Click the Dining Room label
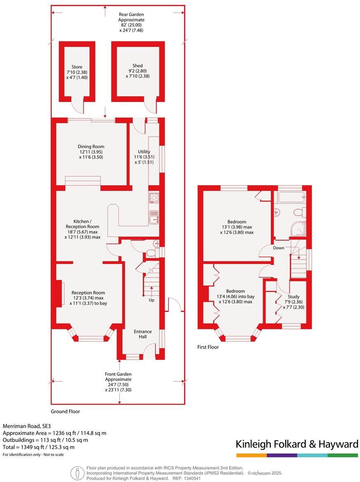click(91, 146)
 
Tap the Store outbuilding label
click(77, 67)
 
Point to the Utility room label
click(144, 152)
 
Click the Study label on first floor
click(294, 296)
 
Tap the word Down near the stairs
click(278, 248)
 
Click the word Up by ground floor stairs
click(152, 300)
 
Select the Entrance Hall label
click(142, 334)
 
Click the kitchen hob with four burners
click(154, 198)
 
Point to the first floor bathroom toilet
click(299, 213)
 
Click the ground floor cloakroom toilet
click(151, 252)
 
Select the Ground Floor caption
click(65, 411)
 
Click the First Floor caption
click(208, 347)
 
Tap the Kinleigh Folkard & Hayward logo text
click(297, 444)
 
